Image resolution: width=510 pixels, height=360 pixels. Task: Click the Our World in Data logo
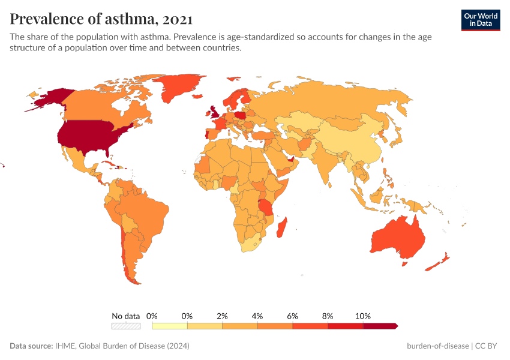click(x=480, y=19)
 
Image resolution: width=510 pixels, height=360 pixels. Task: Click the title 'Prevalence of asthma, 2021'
click(x=101, y=19)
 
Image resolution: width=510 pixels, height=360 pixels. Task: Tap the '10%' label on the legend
click(x=363, y=316)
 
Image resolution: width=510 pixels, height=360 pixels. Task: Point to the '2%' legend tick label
click(x=222, y=316)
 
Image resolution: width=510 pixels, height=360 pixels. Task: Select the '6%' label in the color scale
click(x=292, y=316)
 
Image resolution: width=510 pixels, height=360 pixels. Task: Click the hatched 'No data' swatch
click(x=125, y=326)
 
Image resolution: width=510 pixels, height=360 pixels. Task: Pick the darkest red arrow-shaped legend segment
click(x=380, y=326)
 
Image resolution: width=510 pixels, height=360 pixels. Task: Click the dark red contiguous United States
click(x=90, y=135)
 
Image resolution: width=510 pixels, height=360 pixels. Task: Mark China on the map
click(x=348, y=141)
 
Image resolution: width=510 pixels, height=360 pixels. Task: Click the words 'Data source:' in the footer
click(x=31, y=346)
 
